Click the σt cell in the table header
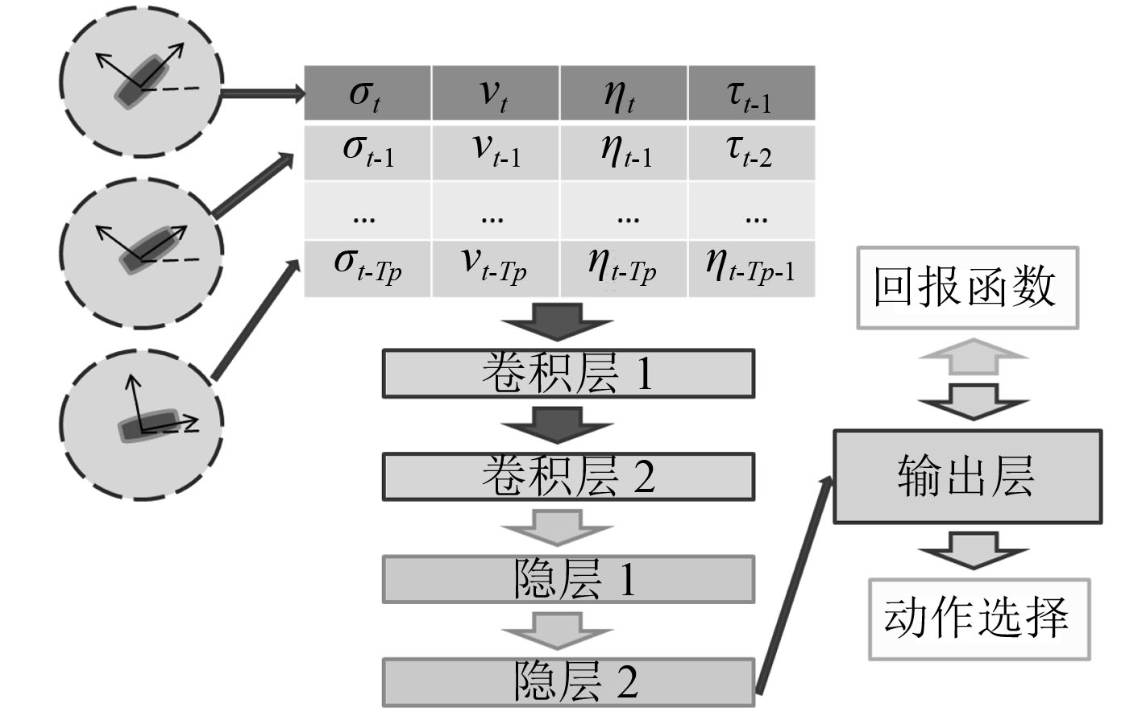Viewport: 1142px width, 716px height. pyautogui.click(x=367, y=93)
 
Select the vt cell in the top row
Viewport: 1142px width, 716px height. pyautogui.click(x=495, y=93)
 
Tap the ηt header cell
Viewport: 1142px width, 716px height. pyautogui.click(x=623, y=93)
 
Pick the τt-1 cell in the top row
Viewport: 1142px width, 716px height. pyautogui.click(x=751, y=93)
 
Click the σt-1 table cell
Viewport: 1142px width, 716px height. pyautogui.click(x=367, y=151)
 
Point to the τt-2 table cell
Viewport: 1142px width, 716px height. pyautogui.click(x=751, y=151)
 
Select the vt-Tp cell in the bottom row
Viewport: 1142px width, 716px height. pyautogui.click(x=495, y=267)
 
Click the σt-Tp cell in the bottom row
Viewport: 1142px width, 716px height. pyautogui.click(x=367, y=267)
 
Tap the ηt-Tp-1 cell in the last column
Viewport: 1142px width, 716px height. pyautogui.click(x=751, y=267)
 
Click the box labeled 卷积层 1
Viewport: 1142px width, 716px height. pyautogui.click(x=568, y=374)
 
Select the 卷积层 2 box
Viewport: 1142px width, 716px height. pyautogui.click(x=568, y=477)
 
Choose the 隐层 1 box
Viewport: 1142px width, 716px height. pyautogui.click(x=568, y=579)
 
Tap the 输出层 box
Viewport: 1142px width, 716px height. pyautogui.click(x=966, y=477)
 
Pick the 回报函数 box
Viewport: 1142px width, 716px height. pyautogui.click(x=966, y=288)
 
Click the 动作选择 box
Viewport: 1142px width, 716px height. pyautogui.click(x=978, y=619)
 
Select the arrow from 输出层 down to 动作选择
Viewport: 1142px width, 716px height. pyautogui.click(x=972, y=551)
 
